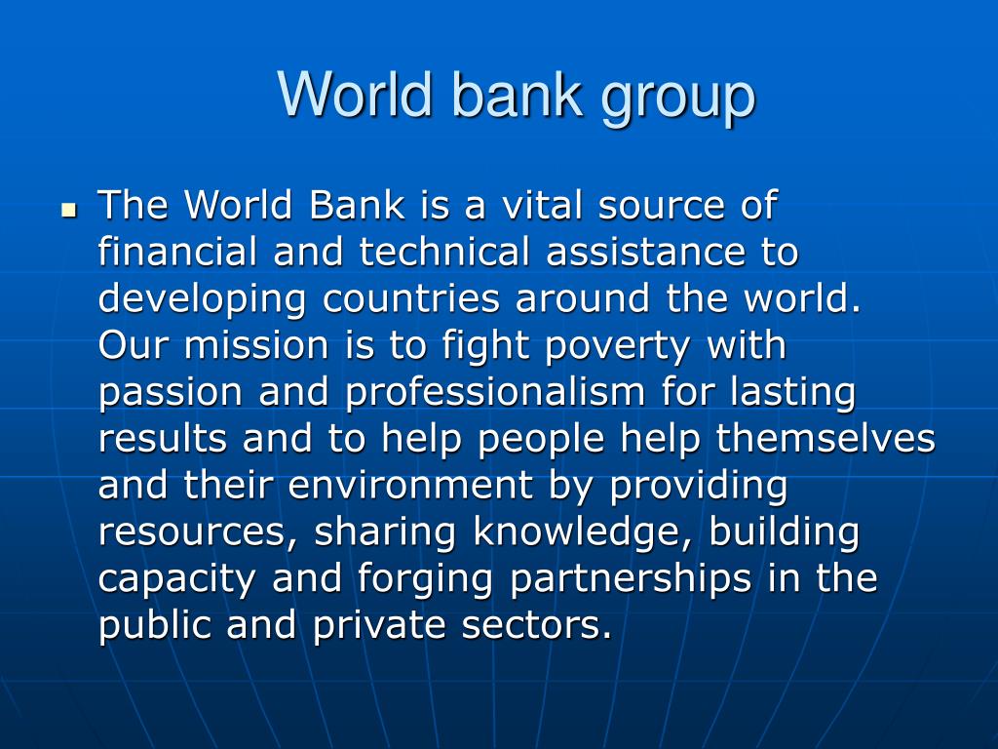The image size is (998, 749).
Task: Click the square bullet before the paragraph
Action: click(69, 210)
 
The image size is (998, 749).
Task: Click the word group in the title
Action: click(678, 98)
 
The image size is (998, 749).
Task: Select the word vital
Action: click(542, 205)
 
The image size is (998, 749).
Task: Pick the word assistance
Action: click(645, 252)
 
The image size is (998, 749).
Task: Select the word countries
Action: click(410, 298)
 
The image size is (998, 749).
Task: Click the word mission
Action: click(256, 345)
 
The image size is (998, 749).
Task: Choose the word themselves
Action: click(825, 438)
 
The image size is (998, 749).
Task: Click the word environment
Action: click(410, 486)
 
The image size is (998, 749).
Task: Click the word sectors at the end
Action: click(537, 625)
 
